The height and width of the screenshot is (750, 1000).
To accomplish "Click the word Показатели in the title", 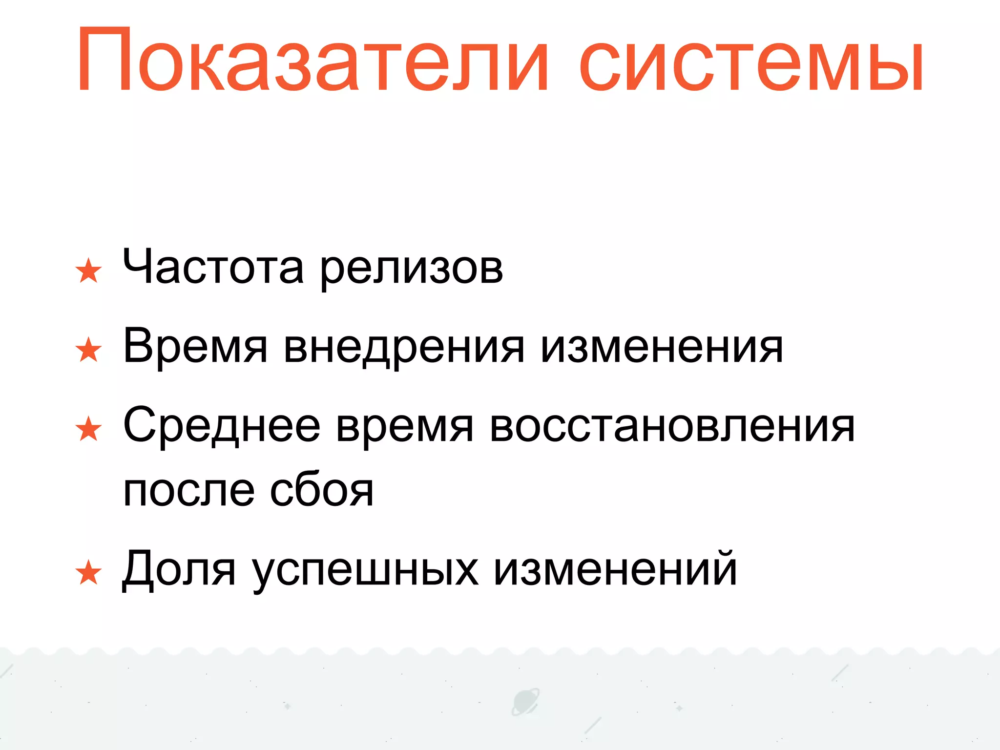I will click(312, 61).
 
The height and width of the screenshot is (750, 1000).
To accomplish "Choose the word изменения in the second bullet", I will click(662, 348).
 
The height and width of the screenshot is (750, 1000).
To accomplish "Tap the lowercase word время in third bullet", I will click(405, 429).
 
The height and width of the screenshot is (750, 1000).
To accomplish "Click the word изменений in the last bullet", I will click(615, 569).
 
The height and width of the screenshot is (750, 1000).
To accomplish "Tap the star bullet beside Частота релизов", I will click(88, 271).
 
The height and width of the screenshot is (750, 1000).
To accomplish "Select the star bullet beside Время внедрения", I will click(88, 350).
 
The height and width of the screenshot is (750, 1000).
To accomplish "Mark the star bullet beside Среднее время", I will click(88, 429).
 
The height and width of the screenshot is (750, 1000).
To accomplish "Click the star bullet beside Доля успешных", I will click(88, 573).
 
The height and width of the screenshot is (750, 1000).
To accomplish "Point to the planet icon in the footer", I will click(525, 702).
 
